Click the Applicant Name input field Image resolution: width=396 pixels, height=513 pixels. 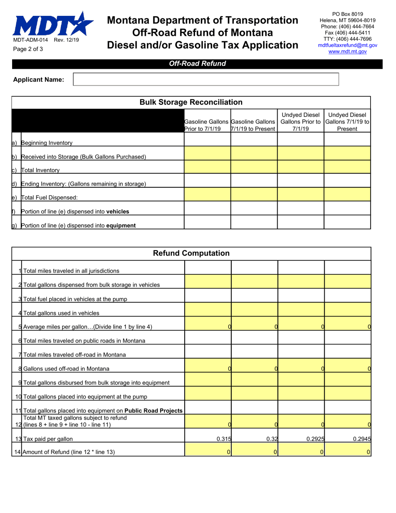pyautogui.click(x=206, y=79)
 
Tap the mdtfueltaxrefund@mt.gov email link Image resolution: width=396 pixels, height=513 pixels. pyautogui.click(x=347, y=45)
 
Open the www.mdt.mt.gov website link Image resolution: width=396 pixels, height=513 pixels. pyautogui.click(x=347, y=51)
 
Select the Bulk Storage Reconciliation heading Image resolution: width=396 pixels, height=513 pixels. pyautogui.click(x=191, y=102)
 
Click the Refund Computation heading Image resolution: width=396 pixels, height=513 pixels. pyautogui.click(x=191, y=253)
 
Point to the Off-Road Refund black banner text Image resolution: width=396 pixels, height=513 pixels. pyautogui.click(x=197, y=64)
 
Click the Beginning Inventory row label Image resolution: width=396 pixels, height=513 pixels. pyautogui.click(x=46, y=143)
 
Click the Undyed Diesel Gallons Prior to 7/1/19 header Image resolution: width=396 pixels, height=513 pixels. pyautogui.click(x=301, y=122)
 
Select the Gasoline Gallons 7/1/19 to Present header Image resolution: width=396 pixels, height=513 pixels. pyautogui.click(x=254, y=125)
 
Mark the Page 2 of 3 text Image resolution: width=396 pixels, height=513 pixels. pyautogui.click(x=28, y=49)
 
